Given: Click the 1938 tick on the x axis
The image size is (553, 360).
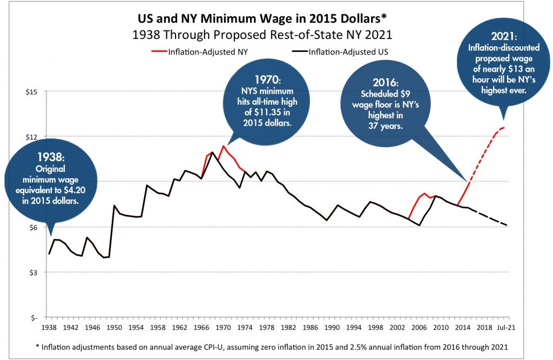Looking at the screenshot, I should point(49,327).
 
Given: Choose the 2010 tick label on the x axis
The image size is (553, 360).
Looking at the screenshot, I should point(442,327).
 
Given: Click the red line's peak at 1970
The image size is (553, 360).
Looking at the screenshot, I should point(223,146).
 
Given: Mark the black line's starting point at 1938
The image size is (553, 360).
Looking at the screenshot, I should point(49,254).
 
